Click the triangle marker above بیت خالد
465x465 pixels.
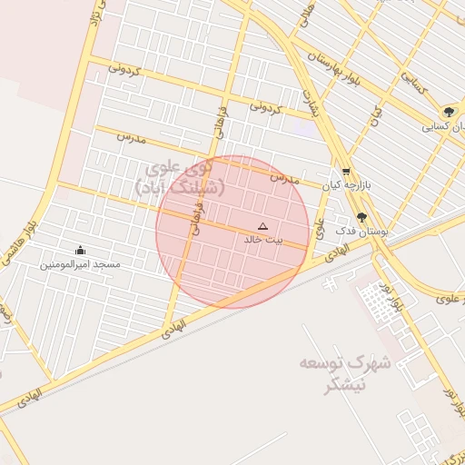point(263,226)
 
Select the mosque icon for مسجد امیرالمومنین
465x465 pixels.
point(80,251)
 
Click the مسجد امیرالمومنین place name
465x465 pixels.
point(80,264)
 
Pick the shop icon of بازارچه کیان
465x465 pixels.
point(345,172)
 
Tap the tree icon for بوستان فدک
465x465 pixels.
point(362,217)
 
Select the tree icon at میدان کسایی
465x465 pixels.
point(449,113)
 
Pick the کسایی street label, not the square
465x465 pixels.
point(410,87)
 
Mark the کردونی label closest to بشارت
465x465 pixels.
point(266,108)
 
